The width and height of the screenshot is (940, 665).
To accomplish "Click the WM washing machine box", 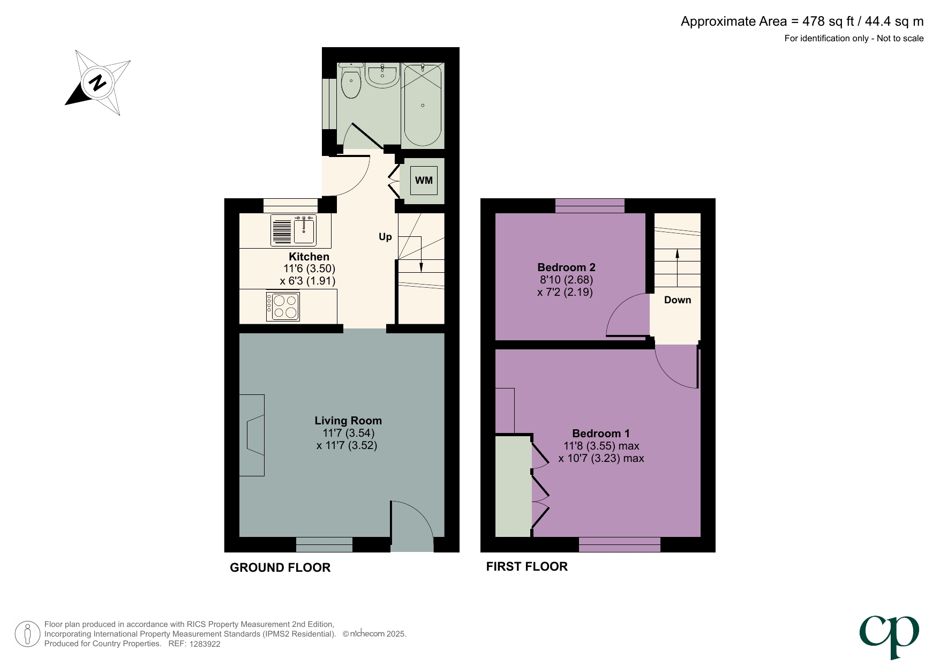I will coord(424,180).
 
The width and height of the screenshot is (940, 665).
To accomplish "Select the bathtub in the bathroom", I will coord(423,106).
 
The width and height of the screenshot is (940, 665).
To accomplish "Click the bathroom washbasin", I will coord(382,76).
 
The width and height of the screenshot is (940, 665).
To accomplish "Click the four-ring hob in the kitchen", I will coord(283,307).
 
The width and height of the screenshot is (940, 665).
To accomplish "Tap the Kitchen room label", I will coord(309,257).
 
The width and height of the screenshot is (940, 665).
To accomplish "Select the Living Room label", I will coord(348,421).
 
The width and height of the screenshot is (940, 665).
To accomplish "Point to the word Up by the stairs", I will coord(385,237).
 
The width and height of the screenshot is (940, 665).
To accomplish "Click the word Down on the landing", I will coord(678,300).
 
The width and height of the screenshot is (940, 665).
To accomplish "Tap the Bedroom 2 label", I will coord(566,267).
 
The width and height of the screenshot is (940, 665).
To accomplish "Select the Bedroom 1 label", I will coord(601,434).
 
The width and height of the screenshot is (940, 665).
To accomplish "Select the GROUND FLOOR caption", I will coord(280,568).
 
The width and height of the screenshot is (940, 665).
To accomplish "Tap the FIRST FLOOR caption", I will coord(527,567).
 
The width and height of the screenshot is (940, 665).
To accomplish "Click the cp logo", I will coord(889,634).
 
